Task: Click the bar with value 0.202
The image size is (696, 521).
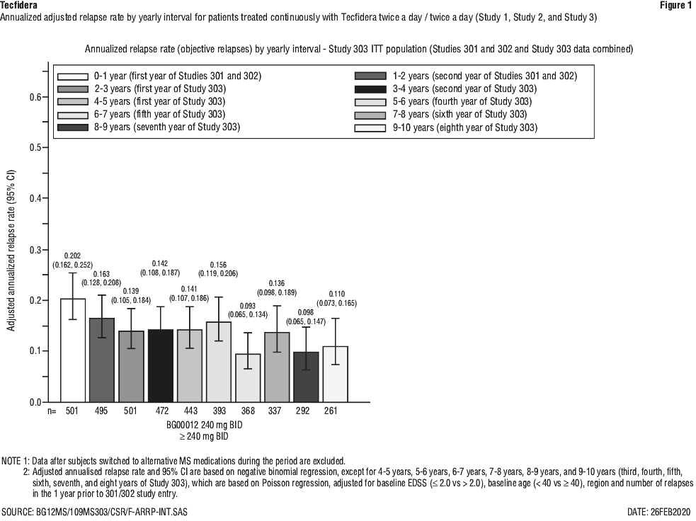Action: [x=73, y=350]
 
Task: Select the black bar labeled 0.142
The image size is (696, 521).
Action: [x=160, y=366]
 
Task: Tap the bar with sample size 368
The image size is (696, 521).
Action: [x=248, y=378]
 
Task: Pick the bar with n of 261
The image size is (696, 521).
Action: [x=335, y=374]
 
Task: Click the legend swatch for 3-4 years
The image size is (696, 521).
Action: [x=370, y=89]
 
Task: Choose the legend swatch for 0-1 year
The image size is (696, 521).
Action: [x=73, y=76]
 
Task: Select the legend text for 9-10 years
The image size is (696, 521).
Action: [x=464, y=128]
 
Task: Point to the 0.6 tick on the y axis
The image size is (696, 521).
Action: [x=45, y=97]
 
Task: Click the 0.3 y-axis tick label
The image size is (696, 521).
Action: [x=35, y=250]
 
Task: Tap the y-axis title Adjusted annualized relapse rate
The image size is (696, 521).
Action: [x=11, y=251]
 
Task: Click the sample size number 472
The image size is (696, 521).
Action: [x=161, y=411]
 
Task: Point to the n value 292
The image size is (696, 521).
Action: [x=303, y=411]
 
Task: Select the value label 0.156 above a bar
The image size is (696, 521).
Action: [x=219, y=265]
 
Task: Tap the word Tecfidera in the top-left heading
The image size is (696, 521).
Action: [x=18, y=6]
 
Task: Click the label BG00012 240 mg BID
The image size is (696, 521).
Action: [x=205, y=425]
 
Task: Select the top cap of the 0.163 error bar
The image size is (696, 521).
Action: [x=102, y=295]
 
